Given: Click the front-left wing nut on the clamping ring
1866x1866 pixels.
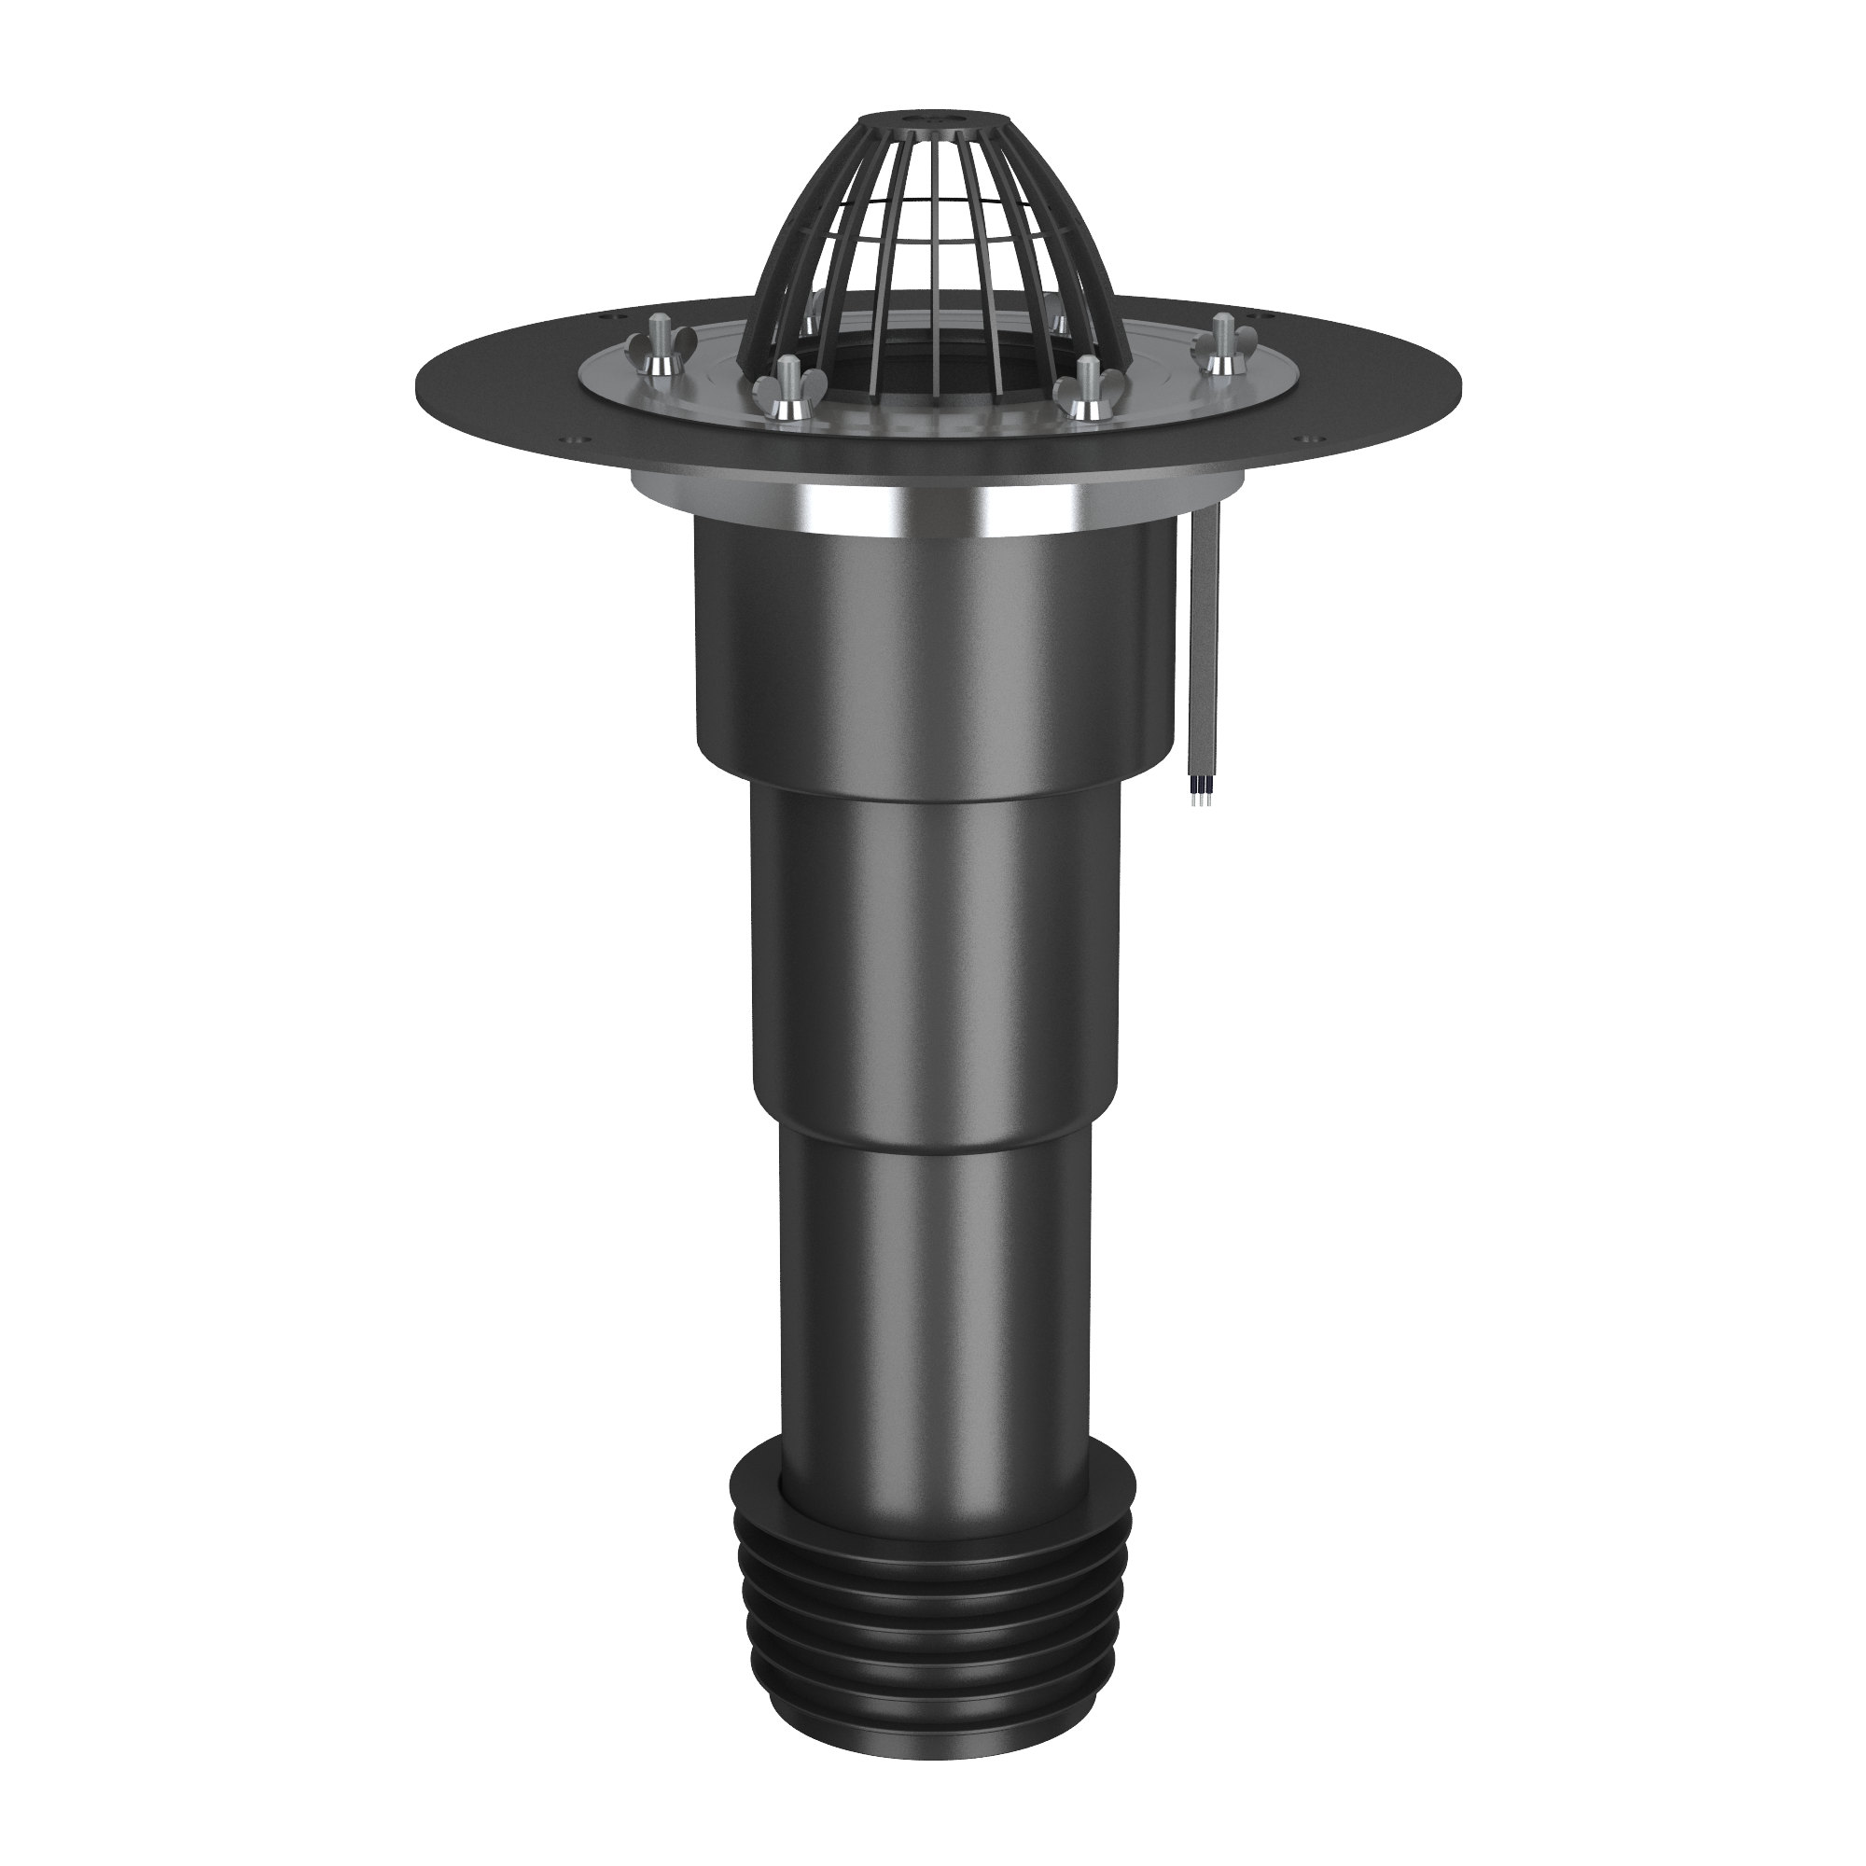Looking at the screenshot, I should point(790,390).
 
